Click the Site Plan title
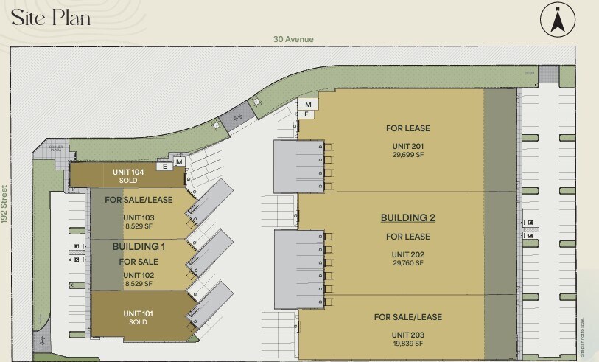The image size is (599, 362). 52,16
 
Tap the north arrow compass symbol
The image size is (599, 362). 557,20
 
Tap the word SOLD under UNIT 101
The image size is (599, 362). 138,322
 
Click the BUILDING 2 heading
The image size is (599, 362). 407,217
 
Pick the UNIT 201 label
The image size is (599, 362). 407,146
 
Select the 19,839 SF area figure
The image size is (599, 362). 407,343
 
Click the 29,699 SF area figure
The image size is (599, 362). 407,155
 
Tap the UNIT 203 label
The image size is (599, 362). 407,334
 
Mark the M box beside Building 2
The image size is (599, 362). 309,105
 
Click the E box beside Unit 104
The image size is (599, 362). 167,167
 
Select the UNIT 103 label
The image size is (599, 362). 138,217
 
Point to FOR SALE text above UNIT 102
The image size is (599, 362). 139,262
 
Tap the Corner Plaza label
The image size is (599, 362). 57,147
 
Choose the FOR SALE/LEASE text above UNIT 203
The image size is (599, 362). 407,317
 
